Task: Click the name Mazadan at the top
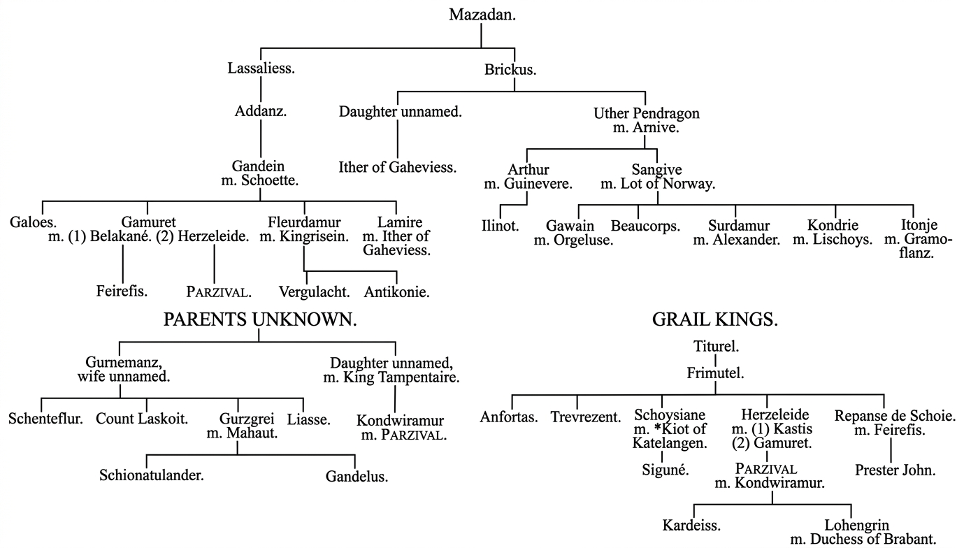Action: tap(482, 15)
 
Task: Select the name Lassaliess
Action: tap(261, 68)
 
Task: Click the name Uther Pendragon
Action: tap(646, 113)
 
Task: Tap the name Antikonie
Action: tap(396, 290)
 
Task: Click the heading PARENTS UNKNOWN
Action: tap(259, 320)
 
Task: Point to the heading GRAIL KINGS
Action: tap(715, 321)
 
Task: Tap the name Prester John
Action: tap(895, 470)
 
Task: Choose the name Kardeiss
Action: tap(692, 524)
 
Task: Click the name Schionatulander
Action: tap(152, 476)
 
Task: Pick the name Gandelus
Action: tap(357, 477)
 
